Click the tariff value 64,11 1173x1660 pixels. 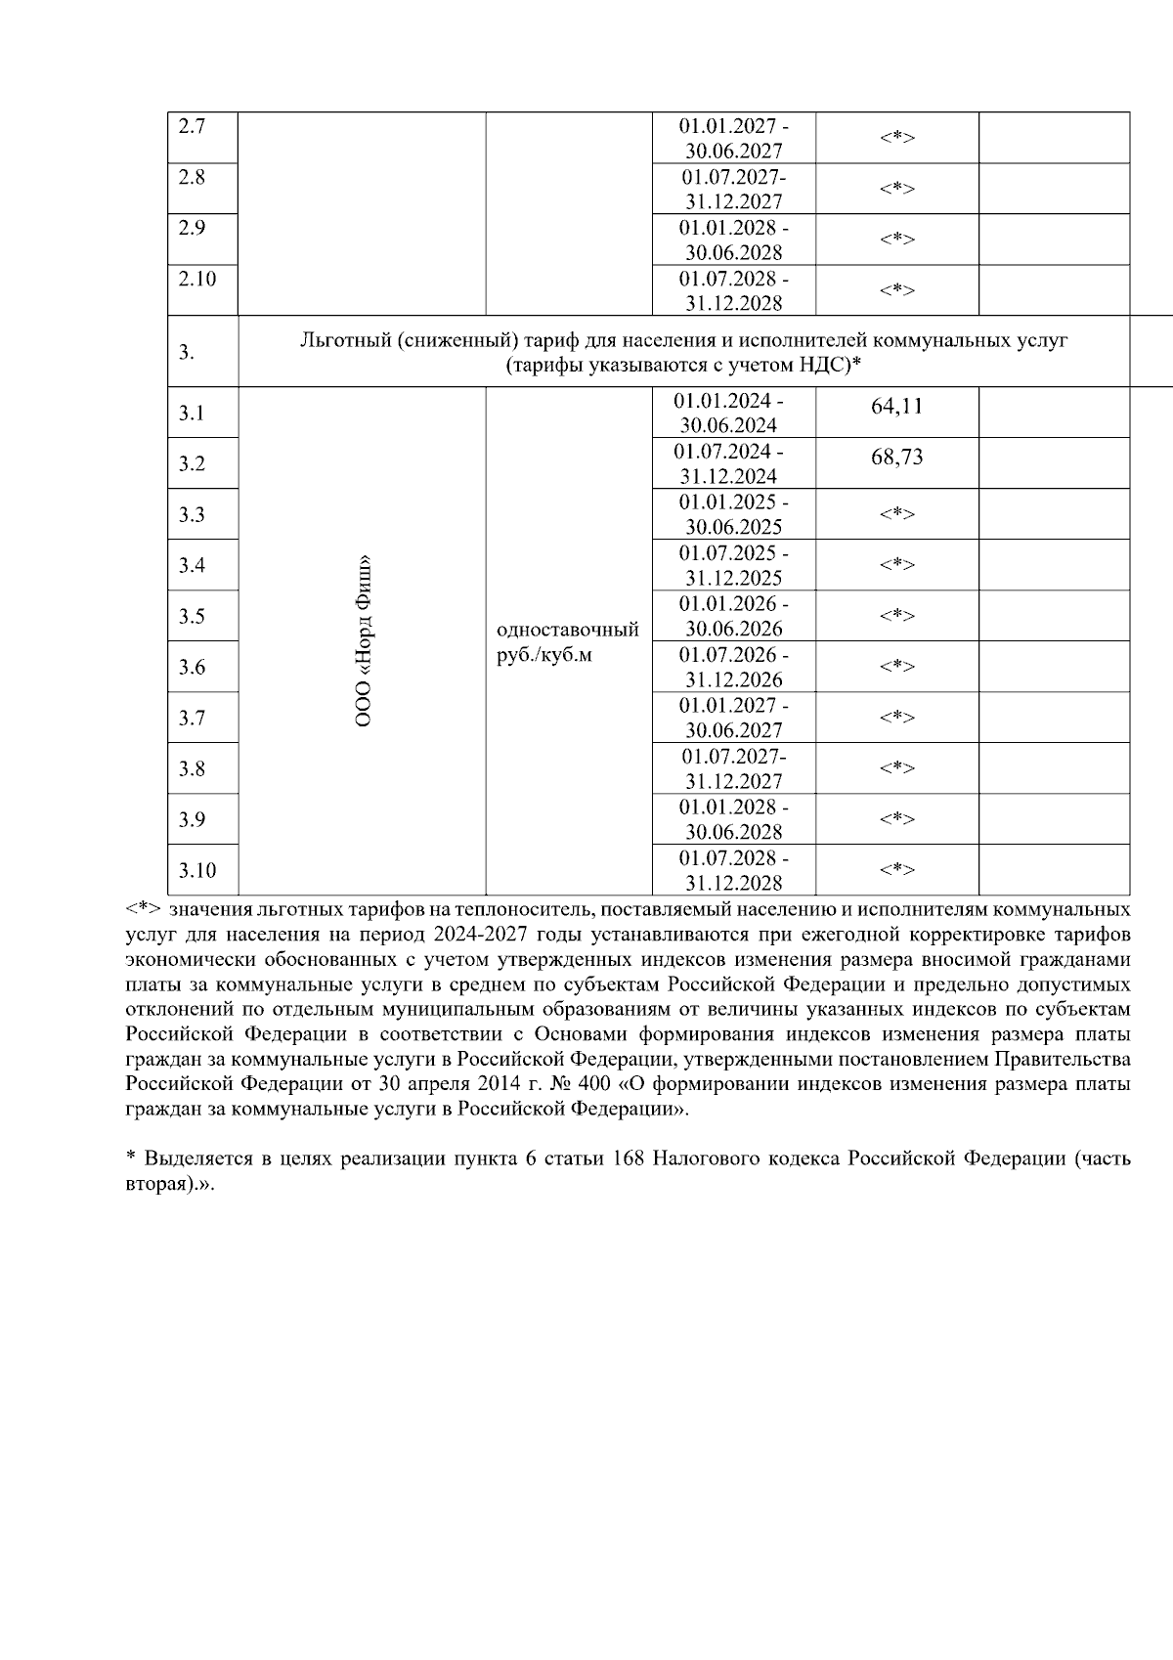(x=896, y=406)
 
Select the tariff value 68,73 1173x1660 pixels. (x=896, y=458)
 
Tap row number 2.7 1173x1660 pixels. (x=193, y=127)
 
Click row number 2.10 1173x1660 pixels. (x=197, y=279)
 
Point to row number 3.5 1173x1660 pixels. (x=192, y=616)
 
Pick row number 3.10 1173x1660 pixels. (x=196, y=870)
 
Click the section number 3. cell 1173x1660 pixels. (x=187, y=352)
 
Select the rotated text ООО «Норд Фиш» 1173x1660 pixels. (x=364, y=640)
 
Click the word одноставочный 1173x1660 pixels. (x=568, y=629)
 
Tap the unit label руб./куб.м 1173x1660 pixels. (x=544, y=655)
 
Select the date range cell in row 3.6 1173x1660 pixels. (x=733, y=667)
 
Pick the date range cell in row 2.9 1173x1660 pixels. (x=733, y=240)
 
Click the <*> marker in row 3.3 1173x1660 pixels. (x=896, y=513)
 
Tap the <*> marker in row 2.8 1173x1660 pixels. (x=896, y=189)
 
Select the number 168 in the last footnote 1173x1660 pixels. (x=628, y=1158)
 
